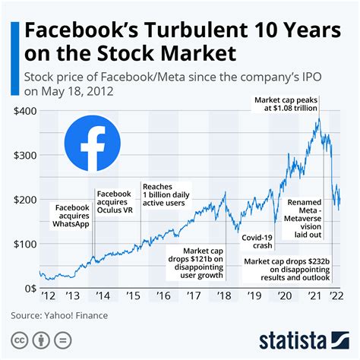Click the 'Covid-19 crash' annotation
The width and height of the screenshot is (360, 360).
[257, 242]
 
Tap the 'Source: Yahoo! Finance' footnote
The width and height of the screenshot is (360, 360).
[59, 315]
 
